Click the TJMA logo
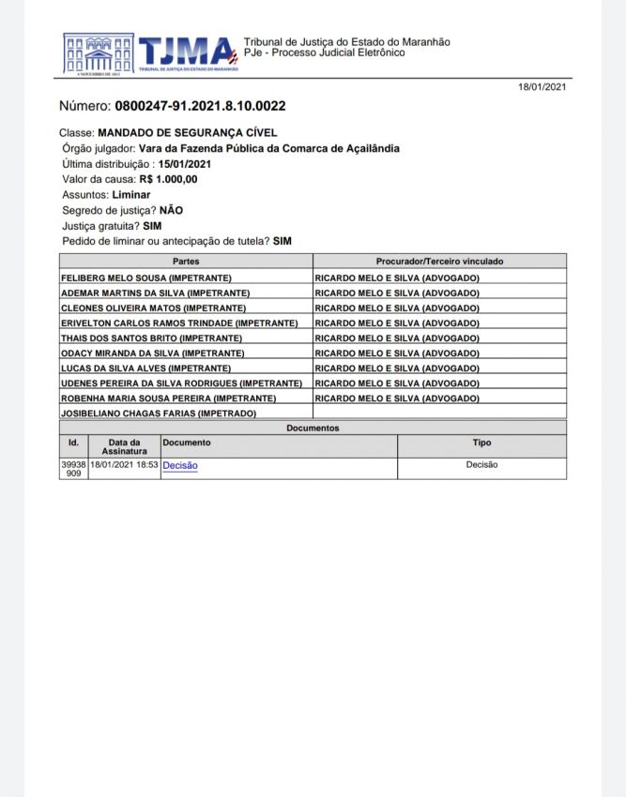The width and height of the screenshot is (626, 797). tap(150, 53)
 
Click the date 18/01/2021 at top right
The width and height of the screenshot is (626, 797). tap(542, 87)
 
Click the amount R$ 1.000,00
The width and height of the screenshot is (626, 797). tap(169, 179)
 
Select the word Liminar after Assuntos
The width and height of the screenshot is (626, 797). tap(131, 195)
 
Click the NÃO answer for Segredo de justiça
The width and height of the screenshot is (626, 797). tap(171, 210)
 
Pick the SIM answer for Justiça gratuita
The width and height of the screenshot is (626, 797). tap(153, 226)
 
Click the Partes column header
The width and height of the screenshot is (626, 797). tap(186, 261)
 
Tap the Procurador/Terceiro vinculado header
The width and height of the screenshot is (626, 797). tap(439, 261)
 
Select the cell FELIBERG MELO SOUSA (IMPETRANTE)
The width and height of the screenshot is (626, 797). tap(146, 278)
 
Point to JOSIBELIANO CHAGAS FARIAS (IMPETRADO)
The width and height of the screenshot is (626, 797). tap(159, 413)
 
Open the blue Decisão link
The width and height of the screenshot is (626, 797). tap(180, 465)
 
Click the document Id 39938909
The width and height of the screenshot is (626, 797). tap(73, 469)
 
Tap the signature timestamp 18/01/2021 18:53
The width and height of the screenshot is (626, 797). tap(125, 465)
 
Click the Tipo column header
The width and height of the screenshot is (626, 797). tap(481, 443)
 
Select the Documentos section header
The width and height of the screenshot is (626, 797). tap(313, 428)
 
